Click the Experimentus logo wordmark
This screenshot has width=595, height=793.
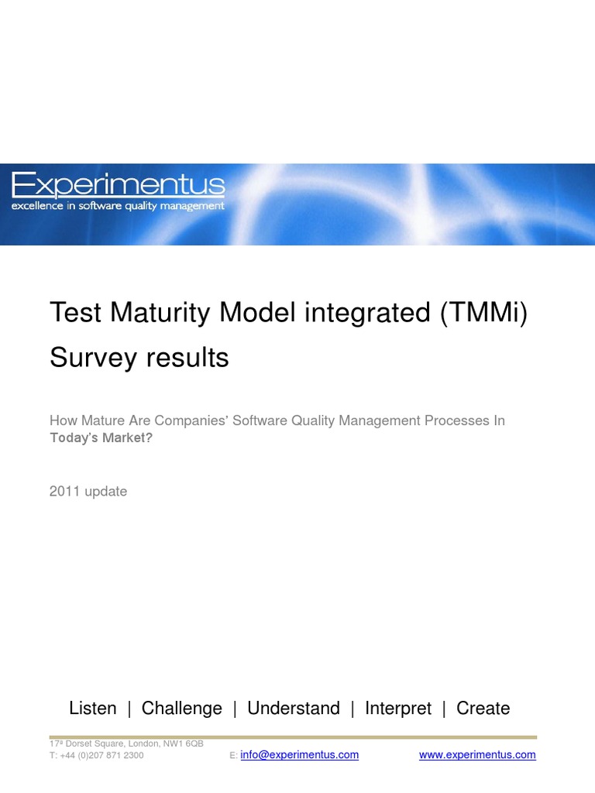point(118,185)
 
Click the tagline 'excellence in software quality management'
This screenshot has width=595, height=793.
point(118,206)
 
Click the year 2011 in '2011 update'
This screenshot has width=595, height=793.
point(64,491)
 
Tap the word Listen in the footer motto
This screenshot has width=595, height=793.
point(92,708)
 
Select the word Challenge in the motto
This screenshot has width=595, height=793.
point(181,708)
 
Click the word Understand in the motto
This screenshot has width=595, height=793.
point(293,708)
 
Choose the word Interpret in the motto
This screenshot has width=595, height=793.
point(398,708)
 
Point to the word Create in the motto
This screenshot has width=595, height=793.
point(483,708)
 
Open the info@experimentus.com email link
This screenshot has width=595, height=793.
point(299,755)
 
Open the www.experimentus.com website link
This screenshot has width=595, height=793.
point(477,755)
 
